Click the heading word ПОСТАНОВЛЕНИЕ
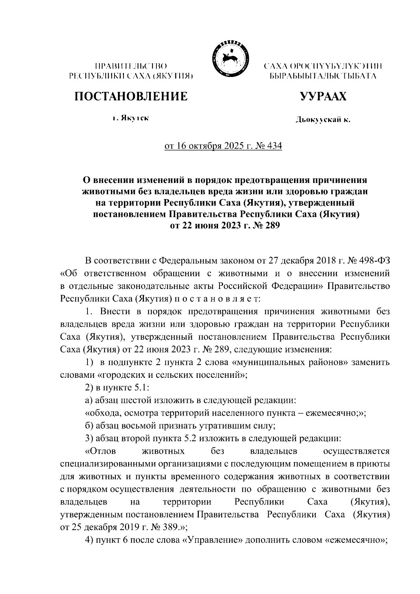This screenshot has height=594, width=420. [x=130, y=96]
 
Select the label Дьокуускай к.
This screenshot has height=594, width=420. [x=323, y=120]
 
